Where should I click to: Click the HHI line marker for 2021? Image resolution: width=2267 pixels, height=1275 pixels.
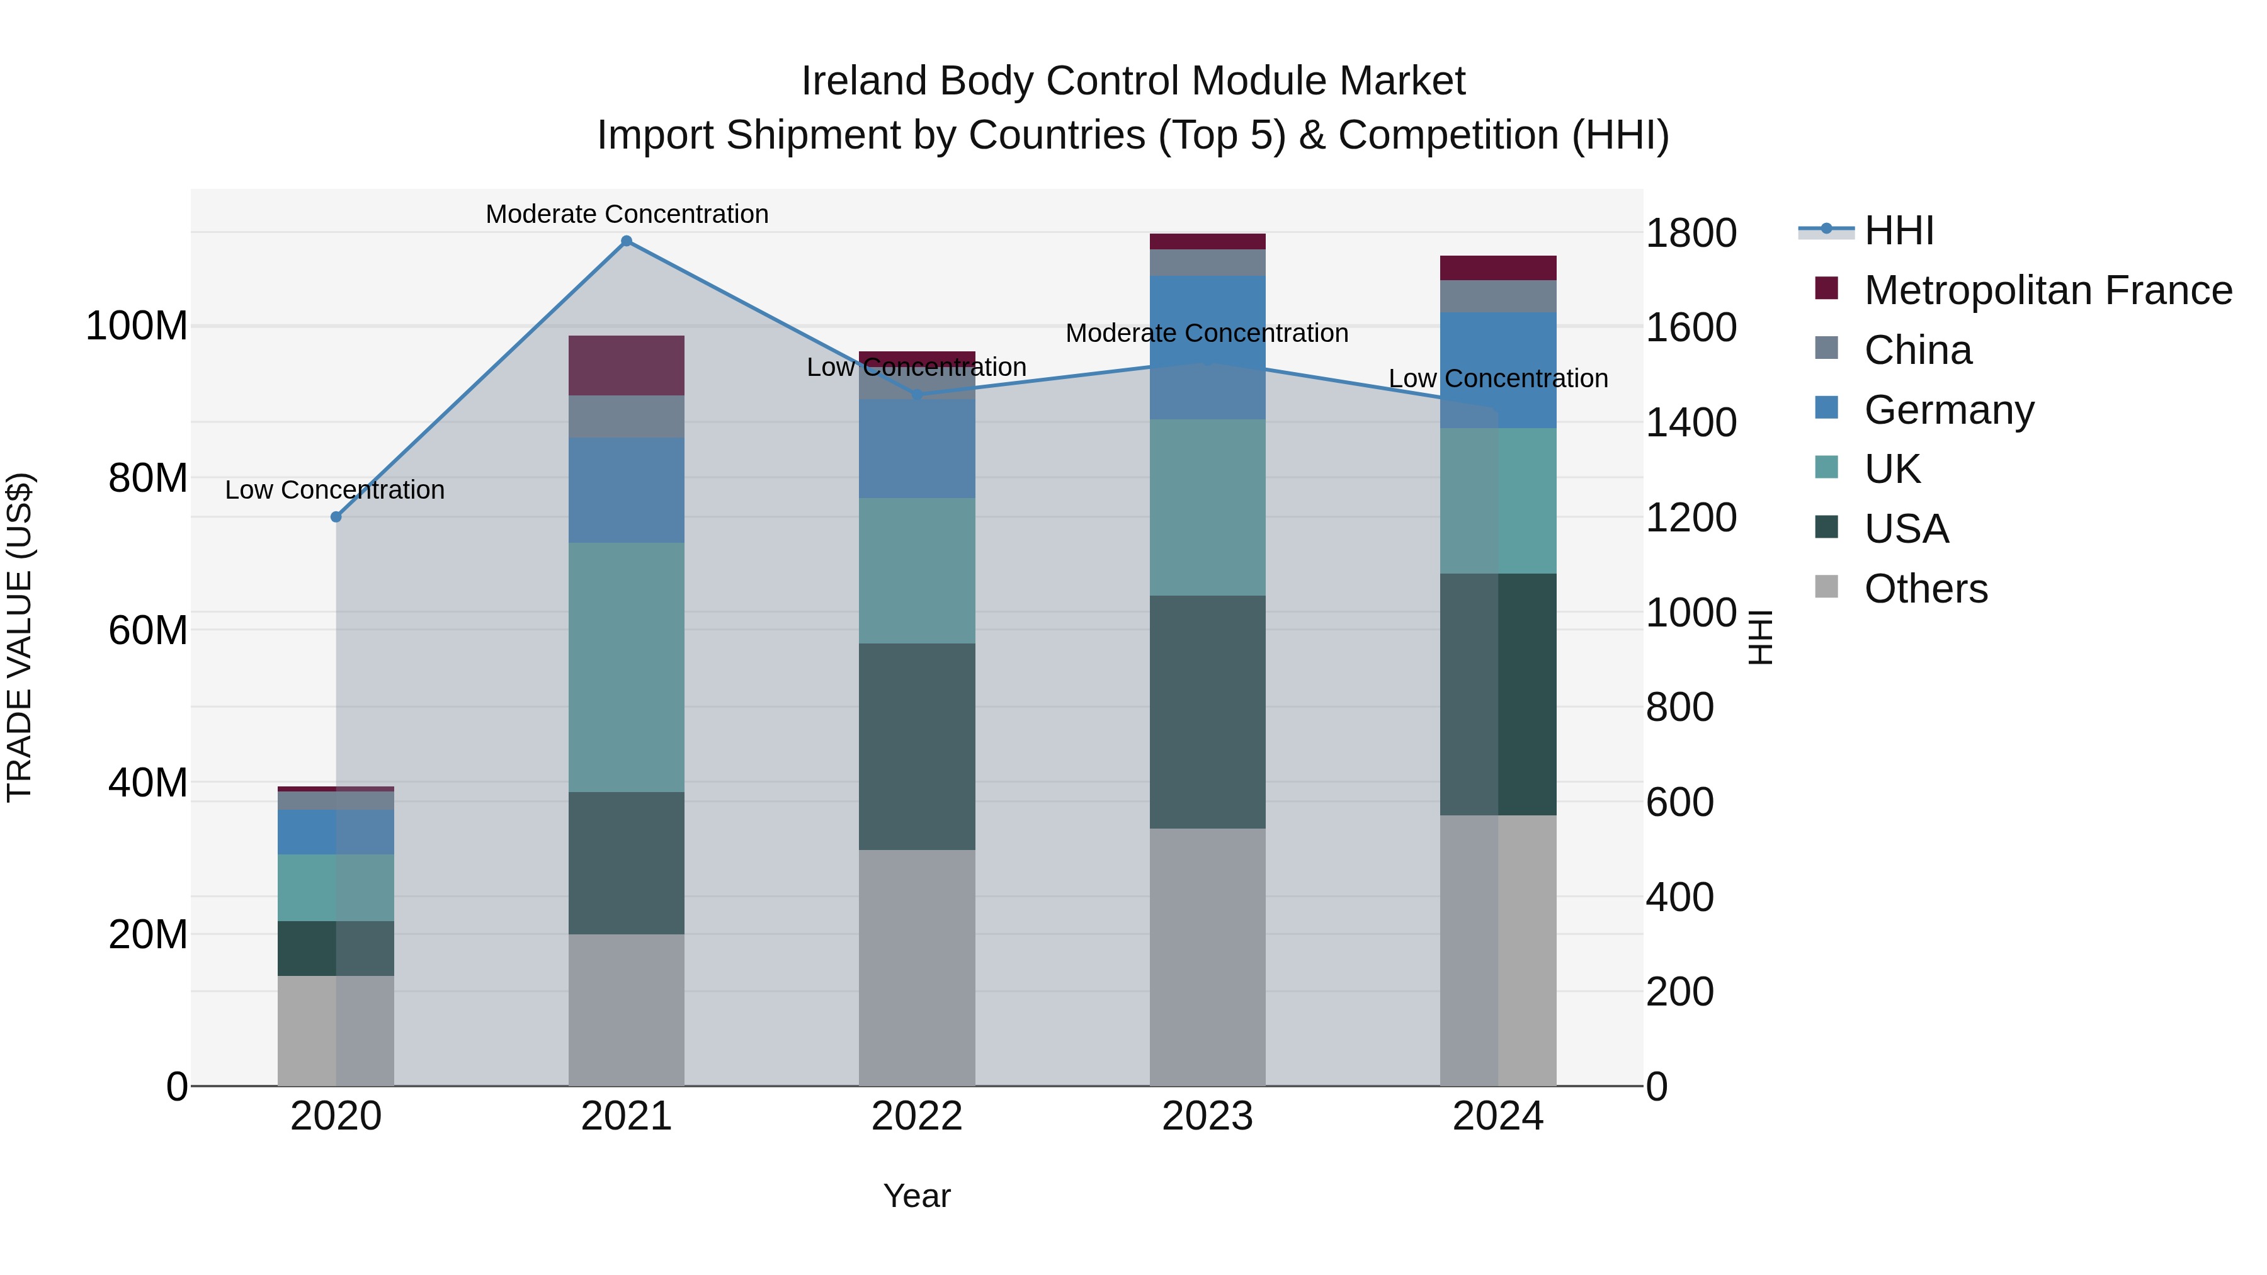(x=627, y=241)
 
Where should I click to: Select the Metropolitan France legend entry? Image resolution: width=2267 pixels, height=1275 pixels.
(x=2047, y=290)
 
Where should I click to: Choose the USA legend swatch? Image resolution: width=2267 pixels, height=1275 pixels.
(x=1827, y=528)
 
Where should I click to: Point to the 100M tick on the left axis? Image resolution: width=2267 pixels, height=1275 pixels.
(x=137, y=326)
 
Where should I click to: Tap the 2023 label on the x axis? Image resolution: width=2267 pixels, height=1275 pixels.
(x=1207, y=1116)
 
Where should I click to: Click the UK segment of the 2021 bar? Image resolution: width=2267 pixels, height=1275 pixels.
(x=627, y=667)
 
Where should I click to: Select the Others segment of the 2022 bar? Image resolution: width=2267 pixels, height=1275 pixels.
(x=917, y=967)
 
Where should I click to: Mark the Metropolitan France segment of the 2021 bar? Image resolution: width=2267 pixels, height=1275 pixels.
(x=627, y=365)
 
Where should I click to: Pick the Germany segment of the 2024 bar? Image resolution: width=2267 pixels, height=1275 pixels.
(x=1498, y=370)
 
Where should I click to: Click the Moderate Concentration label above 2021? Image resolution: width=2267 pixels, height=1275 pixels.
(x=627, y=214)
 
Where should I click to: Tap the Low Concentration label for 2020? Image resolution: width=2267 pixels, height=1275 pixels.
(x=334, y=490)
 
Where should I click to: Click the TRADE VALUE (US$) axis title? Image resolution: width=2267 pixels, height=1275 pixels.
(x=20, y=637)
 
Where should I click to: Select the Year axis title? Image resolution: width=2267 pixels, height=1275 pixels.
(x=917, y=1196)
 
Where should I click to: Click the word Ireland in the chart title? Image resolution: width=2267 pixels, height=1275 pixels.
(x=863, y=81)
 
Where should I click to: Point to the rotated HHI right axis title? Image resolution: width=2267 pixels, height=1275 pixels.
(x=1759, y=637)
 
